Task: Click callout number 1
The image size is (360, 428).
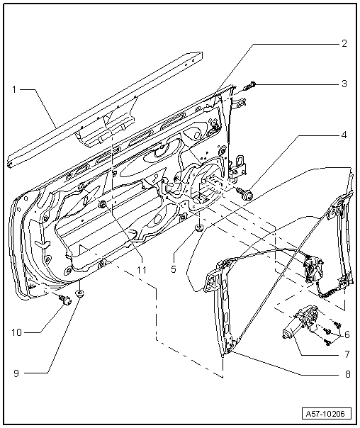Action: pyautogui.click(x=14, y=89)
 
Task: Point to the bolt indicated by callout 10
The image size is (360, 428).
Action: pyautogui.click(x=64, y=300)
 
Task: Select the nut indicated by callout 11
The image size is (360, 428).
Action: pyautogui.click(x=104, y=205)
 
